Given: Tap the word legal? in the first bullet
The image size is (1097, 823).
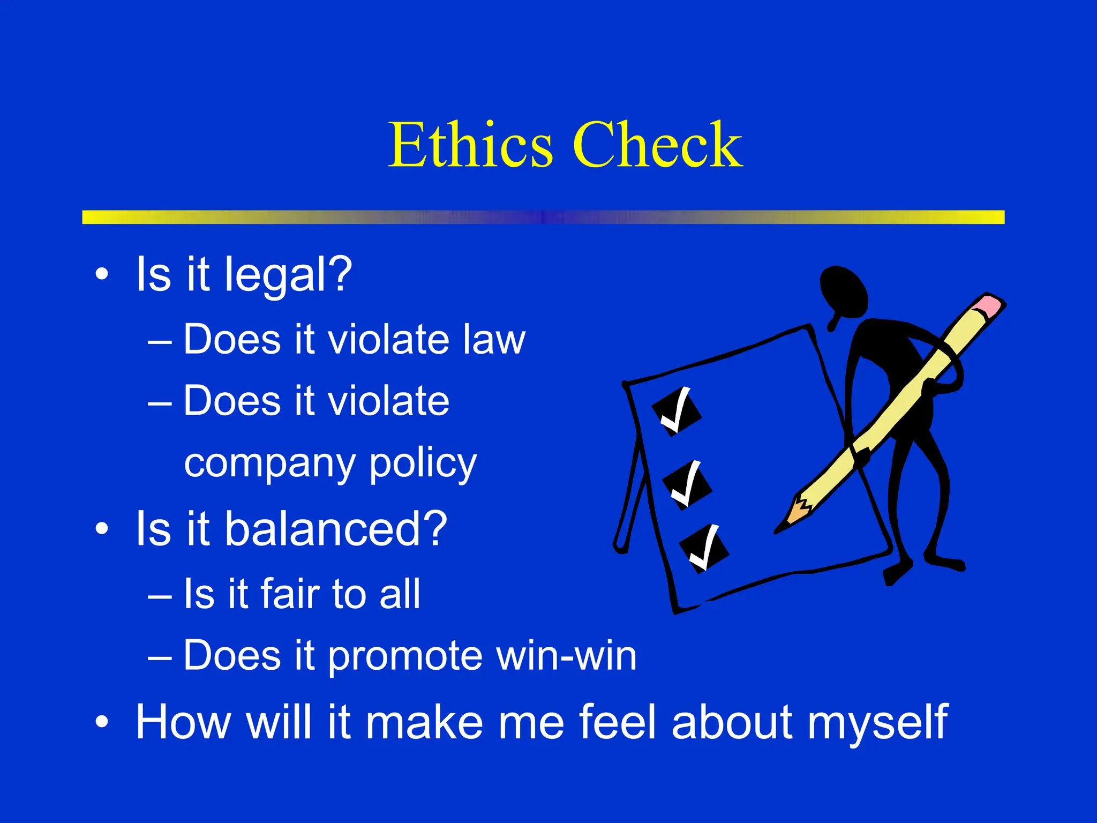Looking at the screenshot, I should click(x=288, y=275).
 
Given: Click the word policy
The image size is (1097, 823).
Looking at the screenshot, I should click(x=423, y=464).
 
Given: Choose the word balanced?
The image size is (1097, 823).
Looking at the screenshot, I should click(x=335, y=529).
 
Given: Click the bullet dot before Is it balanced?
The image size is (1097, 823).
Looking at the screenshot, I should click(x=102, y=529).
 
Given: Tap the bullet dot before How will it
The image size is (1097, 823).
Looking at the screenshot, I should click(x=102, y=722).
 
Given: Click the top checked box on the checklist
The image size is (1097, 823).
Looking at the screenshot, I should click(x=677, y=411).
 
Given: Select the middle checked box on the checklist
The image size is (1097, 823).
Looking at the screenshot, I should click(x=687, y=485).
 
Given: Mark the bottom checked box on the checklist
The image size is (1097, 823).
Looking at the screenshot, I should click(x=704, y=548).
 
